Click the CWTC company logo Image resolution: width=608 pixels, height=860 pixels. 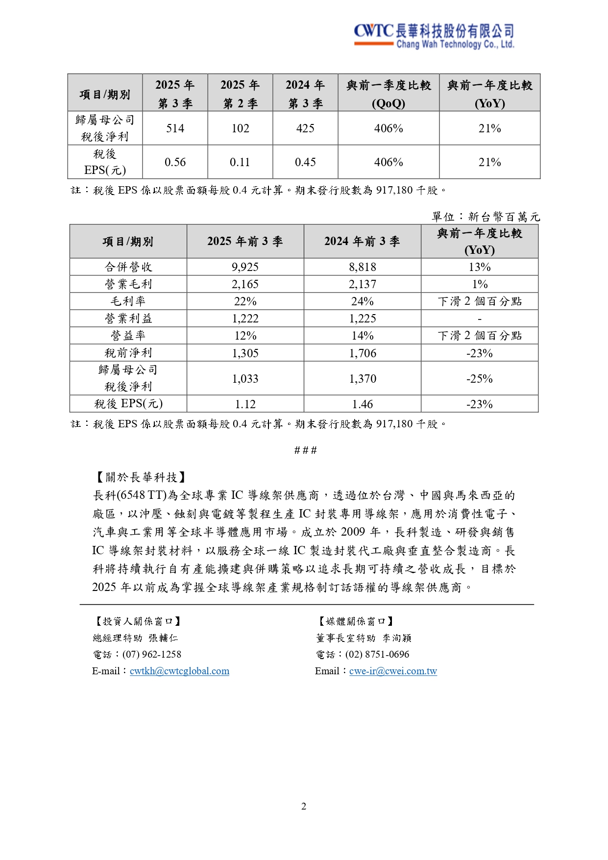434,36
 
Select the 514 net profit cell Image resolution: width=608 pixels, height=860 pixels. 175,128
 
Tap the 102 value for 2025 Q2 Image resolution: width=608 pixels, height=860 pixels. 240,128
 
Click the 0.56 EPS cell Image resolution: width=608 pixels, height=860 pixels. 175,162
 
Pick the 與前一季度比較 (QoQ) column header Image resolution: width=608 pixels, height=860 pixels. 389,94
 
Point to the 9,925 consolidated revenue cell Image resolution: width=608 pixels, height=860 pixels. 245,267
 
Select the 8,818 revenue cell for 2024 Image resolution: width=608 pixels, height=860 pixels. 363,267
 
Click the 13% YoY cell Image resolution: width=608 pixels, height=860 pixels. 480,267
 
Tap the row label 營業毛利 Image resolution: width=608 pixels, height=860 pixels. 128,284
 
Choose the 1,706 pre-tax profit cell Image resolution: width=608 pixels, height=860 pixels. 363,353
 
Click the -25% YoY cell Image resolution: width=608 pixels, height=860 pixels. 480,379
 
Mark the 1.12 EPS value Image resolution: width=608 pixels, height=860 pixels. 245,404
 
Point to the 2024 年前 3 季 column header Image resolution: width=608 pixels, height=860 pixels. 363,241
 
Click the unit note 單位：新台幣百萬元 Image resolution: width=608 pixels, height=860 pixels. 486,217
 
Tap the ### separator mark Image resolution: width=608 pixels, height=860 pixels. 305,450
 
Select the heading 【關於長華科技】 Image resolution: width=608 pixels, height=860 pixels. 140,477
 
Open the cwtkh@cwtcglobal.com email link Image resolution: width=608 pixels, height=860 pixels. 179,671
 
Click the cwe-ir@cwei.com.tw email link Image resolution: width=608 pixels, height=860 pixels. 393,671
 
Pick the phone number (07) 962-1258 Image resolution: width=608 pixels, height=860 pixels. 152,654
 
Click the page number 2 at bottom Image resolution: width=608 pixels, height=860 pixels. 304,806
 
